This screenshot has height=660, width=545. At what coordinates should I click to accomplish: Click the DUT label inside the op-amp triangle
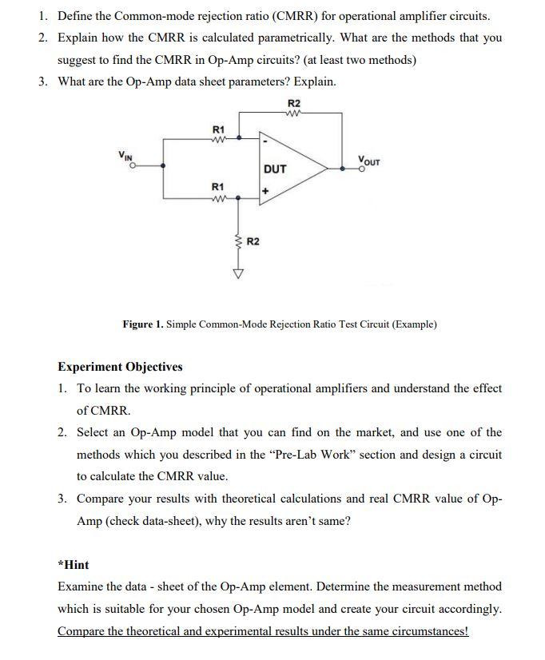pos(275,169)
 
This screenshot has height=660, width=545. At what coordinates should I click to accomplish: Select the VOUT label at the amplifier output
pos(370,159)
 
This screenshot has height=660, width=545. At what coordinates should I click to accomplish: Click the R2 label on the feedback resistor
pos(294,103)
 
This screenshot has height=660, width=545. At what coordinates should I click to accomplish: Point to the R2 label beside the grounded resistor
pos(253,241)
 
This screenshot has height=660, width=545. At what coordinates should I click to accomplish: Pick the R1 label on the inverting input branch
pos(218,128)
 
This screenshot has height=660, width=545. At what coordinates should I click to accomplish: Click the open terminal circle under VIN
pos(134,166)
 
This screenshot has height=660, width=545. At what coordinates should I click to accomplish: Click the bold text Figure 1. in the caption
pos(142,324)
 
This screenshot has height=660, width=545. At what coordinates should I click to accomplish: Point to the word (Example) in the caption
pos(412,324)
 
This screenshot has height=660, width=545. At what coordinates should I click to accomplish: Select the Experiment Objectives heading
pos(120,367)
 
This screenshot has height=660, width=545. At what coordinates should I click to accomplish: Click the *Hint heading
pos(74,565)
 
